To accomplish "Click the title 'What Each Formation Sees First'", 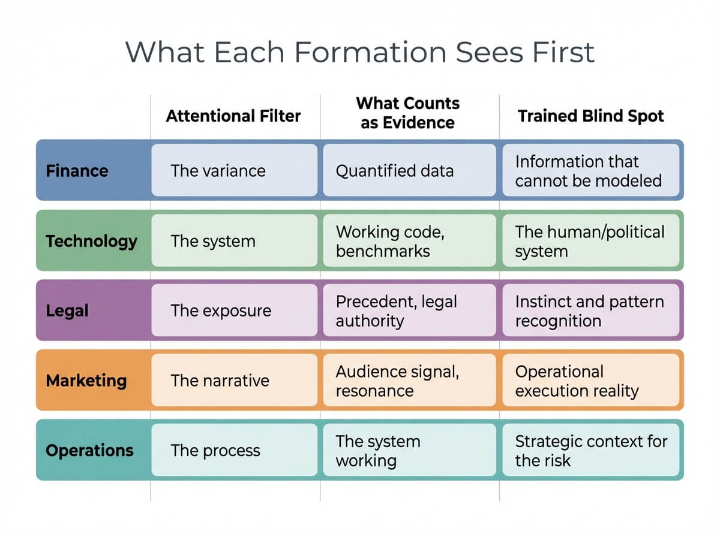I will pos(359,52).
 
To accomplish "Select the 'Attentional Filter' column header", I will pos(233,116).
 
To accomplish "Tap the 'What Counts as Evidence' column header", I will pos(407,113).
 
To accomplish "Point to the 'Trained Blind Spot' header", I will pos(590,116).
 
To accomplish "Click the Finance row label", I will pos(77,171).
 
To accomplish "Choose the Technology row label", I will pos(91,241).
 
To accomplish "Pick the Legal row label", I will pos(67,310).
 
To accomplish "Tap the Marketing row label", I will pos(86,381).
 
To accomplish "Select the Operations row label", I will pos(89,451).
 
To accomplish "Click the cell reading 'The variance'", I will pos(234,171).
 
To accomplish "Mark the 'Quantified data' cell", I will pos(409,171).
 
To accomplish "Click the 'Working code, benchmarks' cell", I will pos(409,241).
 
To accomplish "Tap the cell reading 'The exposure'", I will pos(234,310).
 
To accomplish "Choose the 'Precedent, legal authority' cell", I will pos(409,310).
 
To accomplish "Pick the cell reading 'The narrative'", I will pos(234,381).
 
